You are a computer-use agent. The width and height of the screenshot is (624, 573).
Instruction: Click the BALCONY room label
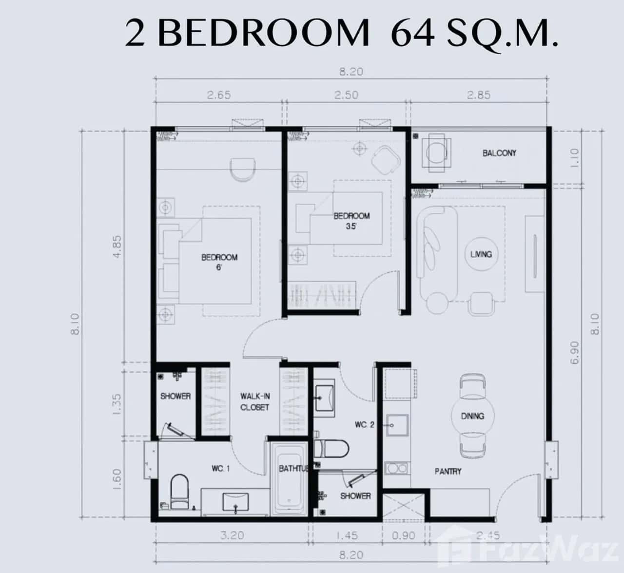coord(499,153)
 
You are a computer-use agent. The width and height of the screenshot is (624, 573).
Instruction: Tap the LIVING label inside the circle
coord(481,254)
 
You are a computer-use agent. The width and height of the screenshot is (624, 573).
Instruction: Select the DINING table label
coord(472,416)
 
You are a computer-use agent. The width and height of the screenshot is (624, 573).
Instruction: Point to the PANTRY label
coord(448,471)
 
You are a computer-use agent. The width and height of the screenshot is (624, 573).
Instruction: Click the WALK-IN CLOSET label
coord(254,402)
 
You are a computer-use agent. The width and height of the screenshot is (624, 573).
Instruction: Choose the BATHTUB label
coord(293,469)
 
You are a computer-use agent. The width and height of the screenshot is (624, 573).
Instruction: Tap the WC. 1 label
coord(220,469)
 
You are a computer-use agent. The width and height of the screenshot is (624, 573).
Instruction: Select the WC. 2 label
coord(364,425)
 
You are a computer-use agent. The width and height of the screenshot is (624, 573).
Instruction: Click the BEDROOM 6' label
coord(219,262)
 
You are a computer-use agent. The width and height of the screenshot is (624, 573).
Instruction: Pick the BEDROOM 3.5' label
coord(351,220)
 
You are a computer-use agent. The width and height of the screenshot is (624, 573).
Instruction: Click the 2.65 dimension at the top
coord(218,95)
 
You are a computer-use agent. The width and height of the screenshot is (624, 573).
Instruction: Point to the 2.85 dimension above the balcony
coord(479,95)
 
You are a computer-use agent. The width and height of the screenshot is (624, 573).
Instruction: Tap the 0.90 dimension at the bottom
coord(403,535)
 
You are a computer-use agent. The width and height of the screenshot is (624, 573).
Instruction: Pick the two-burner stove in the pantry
coord(397,468)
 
